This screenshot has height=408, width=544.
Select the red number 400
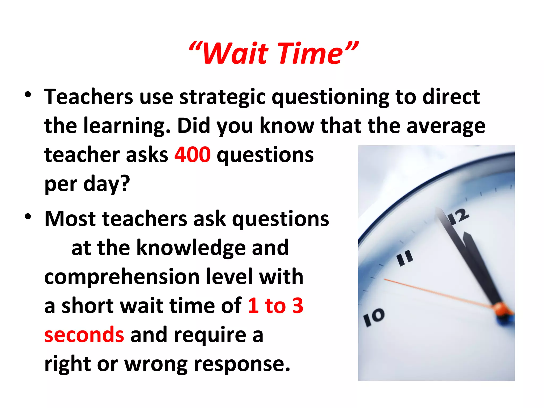click(192, 155)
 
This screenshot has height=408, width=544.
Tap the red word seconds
click(84, 335)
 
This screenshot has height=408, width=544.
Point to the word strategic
click(223, 97)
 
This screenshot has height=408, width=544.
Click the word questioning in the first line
click(330, 97)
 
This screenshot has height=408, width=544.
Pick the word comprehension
click(122, 277)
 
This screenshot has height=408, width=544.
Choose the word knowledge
click(191, 248)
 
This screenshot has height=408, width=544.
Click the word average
click(446, 126)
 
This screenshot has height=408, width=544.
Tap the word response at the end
click(242, 364)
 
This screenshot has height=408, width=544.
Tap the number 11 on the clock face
click(405, 258)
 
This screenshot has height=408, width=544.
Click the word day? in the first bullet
click(107, 184)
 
